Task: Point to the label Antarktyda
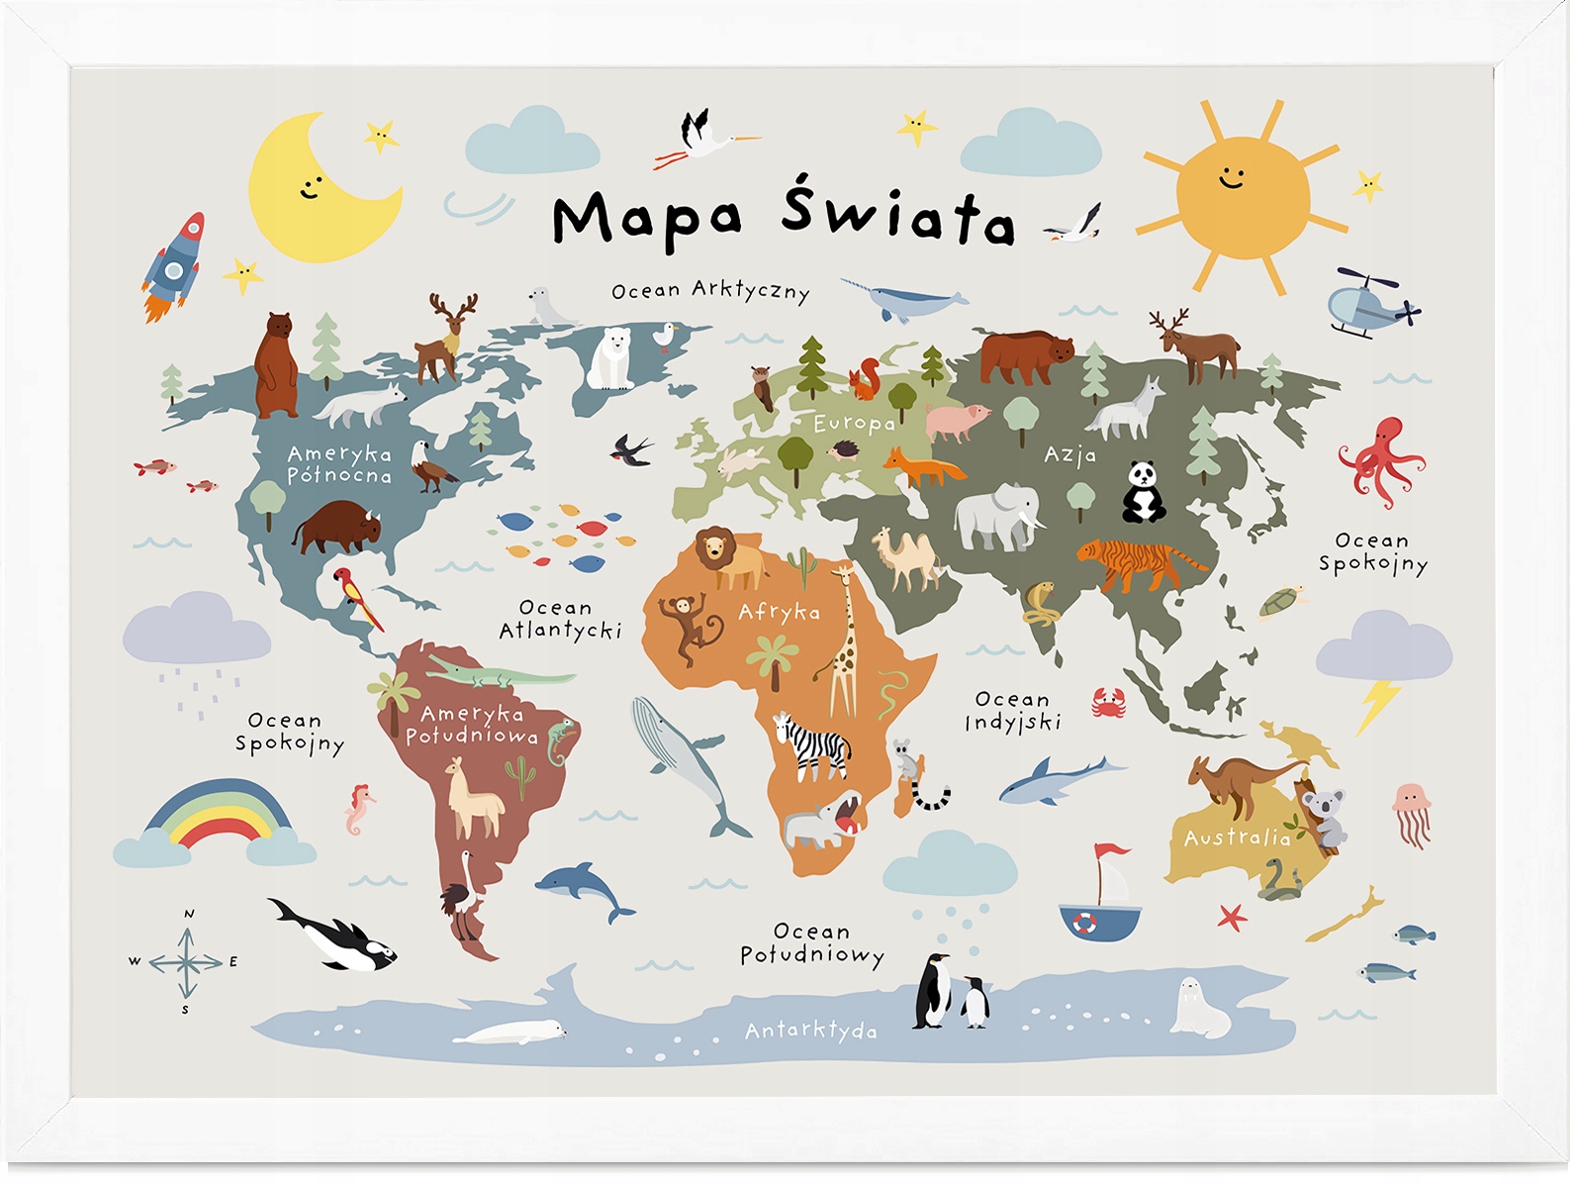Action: pos(810,1031)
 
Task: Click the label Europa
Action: pos(854,424)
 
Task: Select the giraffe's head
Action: pos(843,574)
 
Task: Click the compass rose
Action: pos(187,962)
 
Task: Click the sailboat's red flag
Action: pos(1110,851)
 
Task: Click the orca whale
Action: pos(336,936)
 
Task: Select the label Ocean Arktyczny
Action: pos(710,291)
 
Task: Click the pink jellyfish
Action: pos(1411,812)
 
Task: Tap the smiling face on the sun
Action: pos(1232,178)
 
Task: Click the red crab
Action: pos(1109,703)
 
